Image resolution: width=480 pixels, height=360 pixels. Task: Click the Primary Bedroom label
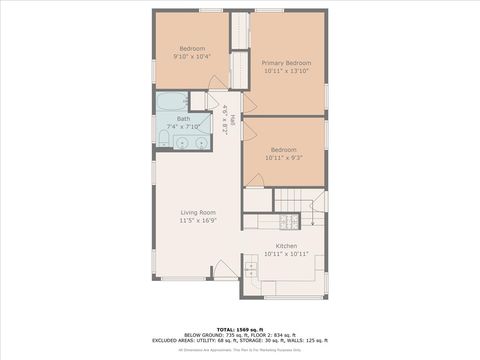click(287, 62)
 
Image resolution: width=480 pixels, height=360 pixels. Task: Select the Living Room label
click(198, 212)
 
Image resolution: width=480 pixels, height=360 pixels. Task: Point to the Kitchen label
click(286, 246)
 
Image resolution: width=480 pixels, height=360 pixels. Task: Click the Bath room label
click(183, 119)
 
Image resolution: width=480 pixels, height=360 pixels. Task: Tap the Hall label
click(234, 121)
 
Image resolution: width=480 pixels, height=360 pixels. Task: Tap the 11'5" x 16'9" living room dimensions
click(198, 221)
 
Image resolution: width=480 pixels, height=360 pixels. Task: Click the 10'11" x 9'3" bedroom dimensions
click(284, 158)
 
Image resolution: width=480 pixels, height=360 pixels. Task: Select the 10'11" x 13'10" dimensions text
click(287, 72)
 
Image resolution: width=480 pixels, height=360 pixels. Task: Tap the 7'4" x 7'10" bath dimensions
click(185, 127)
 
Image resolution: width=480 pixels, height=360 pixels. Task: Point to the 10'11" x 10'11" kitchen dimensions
click(286, 254)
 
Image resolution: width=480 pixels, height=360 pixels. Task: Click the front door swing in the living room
click(226, 267)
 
